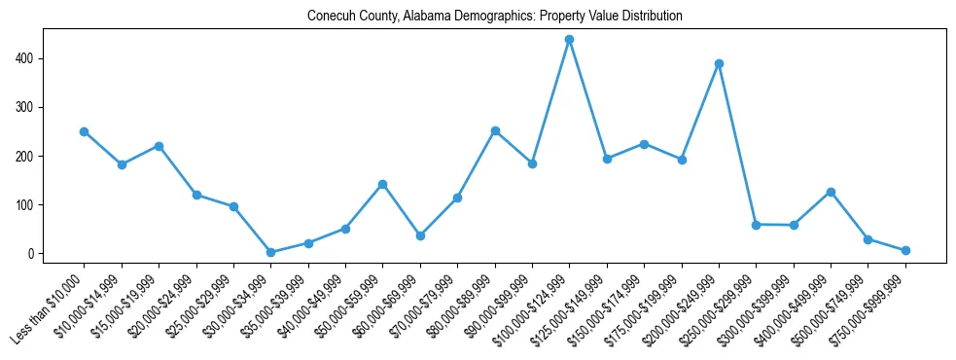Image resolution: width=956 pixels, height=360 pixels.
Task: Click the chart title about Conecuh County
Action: (x=494, y=17)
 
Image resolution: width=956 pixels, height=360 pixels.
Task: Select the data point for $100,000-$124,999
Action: (x=569, y=40)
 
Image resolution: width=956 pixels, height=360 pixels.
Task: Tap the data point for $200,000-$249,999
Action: (x=719, y=64)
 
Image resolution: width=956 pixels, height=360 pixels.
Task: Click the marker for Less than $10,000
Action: (x=84, y=131)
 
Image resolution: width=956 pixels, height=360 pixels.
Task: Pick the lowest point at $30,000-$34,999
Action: (x=270, y=252)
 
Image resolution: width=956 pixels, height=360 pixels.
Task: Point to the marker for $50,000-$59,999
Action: (x=382, y=184)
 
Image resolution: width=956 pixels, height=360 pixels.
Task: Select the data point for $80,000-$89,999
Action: (x=495, y=130)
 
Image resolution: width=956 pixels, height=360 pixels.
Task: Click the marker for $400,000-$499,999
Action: (x=831, y=192)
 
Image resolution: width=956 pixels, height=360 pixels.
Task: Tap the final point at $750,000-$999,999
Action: (x=905, y=250)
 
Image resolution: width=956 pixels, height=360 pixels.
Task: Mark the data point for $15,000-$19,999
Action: (x=159, y=146)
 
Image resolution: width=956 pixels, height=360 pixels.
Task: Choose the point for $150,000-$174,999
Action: (x=644, y=144)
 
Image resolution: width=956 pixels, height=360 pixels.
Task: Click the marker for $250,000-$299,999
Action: (x=756, y=225)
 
